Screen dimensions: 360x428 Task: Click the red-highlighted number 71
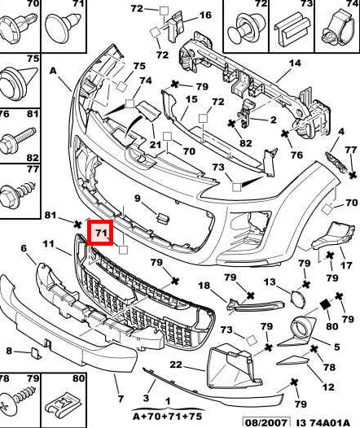[x=101, y=233]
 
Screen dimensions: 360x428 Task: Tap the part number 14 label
[x=295, y=63]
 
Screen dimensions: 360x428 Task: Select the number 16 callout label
[x=205, y=15]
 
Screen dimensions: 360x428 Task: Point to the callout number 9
[x=137, y=199]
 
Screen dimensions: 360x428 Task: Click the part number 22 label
[x=176, y=365]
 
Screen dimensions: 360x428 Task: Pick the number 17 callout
[x=346, y=264]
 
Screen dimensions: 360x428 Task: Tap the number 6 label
[x=24, y=248]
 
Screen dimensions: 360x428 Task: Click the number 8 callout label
[x=9, y=351]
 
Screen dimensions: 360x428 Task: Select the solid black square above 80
[x=325, y=304]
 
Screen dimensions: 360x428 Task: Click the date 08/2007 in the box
[x=266, y=422]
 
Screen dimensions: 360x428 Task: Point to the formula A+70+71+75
[x=168, y=417]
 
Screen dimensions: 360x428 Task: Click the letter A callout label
[x=53, y=71]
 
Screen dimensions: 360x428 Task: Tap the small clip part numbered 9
[x=163, y=219]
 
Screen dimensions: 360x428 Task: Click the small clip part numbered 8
[x=36, y=353]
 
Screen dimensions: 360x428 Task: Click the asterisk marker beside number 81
[x=78, y=225]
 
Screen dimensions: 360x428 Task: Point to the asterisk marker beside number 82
[x=231, y=124]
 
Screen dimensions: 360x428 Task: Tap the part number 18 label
[x=204, y=286]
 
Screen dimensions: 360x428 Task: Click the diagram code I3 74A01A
[x=323, y=422]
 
